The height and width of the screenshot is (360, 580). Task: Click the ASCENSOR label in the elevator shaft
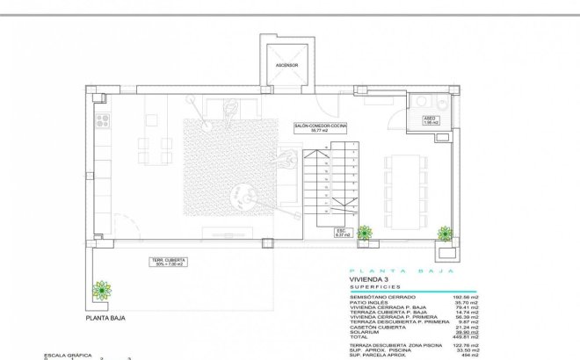(287, 66)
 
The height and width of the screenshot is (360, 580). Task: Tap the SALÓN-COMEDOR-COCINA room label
(321, 128)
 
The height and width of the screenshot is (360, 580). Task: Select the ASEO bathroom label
(430, 120)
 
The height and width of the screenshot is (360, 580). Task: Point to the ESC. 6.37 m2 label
(343, 233)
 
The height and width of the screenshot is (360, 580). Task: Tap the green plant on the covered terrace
(103, 289)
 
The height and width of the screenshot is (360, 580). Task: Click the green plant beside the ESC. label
(364, 232)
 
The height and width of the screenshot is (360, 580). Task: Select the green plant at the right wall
(446, 233)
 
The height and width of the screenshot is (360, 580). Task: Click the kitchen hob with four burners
(103, 120)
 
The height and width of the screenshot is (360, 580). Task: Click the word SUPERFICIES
(374, 287)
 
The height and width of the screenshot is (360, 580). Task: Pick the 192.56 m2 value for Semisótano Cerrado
(463, 297)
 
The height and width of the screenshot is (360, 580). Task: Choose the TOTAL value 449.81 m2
(463, 337)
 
